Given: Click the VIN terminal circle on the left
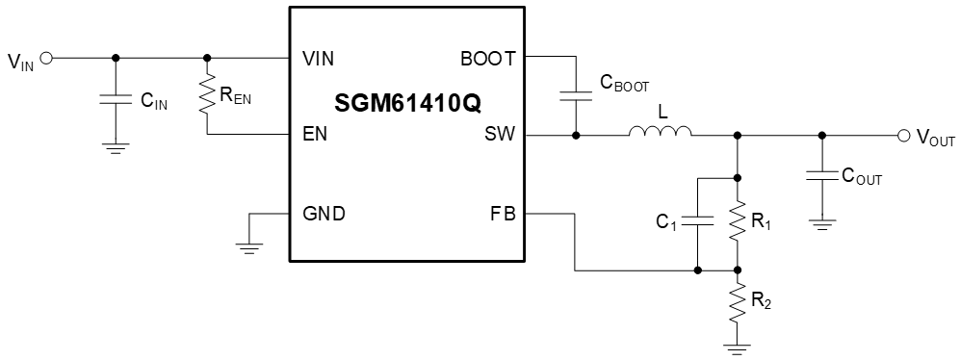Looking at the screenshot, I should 45,58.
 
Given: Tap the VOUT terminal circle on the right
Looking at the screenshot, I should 902,136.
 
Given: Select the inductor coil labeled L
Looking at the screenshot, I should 661,133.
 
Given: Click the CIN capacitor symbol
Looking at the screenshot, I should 116,98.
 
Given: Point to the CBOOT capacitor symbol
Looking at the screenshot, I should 575,95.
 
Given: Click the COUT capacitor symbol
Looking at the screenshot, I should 820,177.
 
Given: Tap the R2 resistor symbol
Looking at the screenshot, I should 738,302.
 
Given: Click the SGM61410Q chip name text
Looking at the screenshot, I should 408,100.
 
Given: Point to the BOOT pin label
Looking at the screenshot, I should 489,58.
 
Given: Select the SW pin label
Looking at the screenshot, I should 501,135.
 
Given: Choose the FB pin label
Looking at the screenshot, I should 503,214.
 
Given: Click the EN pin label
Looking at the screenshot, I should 314,135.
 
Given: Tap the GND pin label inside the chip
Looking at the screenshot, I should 324,214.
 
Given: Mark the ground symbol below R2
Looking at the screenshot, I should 738,345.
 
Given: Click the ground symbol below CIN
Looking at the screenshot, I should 116,147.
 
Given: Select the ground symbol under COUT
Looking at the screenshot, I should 820,226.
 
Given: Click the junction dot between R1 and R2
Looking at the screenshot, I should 738,270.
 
